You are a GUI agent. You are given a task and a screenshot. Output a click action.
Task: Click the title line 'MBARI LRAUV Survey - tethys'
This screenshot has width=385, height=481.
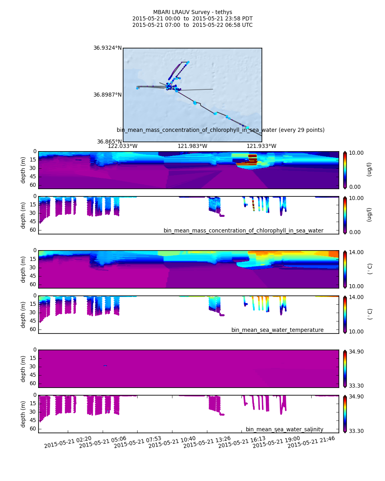192,12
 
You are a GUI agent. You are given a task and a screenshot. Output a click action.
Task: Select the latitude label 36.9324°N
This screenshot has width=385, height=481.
107,48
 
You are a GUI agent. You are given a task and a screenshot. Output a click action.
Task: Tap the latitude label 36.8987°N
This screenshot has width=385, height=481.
107,95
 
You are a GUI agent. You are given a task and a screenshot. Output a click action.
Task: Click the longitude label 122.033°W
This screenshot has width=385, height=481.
123,146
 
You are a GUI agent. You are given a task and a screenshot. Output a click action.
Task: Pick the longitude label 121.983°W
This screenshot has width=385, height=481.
192,146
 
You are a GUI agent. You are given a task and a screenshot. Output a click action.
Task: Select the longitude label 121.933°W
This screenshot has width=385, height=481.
261,146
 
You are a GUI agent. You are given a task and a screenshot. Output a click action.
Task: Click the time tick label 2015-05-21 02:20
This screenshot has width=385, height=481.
68,442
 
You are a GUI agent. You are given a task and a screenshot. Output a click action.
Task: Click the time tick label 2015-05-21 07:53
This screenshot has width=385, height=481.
138,442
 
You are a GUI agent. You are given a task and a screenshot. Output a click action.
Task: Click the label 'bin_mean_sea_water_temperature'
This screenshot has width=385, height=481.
277,330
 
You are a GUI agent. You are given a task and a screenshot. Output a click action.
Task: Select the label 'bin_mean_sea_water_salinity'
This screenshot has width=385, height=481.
284,429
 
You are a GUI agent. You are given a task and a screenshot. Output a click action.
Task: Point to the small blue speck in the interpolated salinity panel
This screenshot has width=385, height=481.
105,366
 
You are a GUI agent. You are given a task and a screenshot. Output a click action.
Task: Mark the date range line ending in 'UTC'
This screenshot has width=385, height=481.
192,25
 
